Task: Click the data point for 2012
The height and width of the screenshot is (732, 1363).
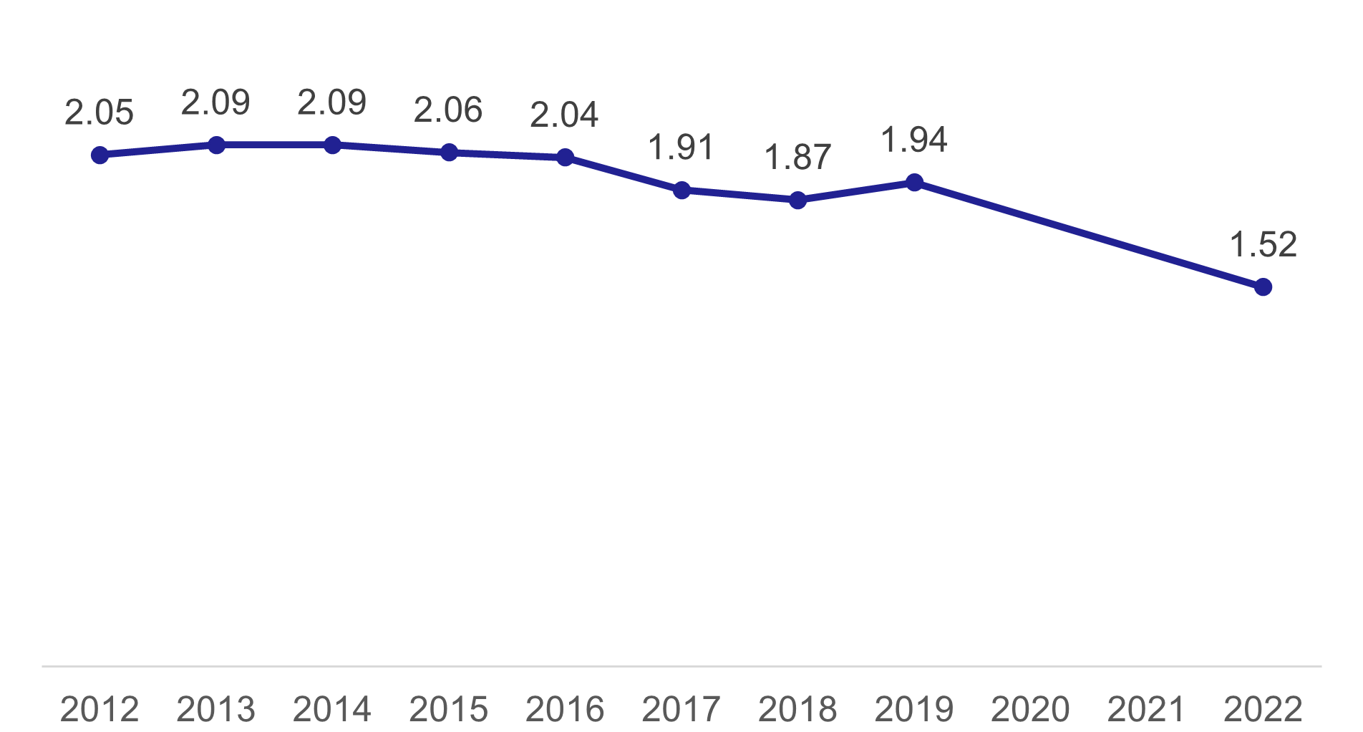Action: (100, 155)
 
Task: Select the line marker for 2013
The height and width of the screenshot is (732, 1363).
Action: (216, 145)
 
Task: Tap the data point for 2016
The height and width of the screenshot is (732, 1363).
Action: (565, 158)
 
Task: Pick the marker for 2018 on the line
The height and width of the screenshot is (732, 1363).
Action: (797, 201)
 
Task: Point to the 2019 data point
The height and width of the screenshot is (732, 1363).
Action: (914, 183)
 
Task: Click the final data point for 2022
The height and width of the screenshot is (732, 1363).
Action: (1263, 287)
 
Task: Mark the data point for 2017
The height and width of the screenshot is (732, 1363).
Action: (681, 191)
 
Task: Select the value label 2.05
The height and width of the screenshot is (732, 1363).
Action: (99, 112)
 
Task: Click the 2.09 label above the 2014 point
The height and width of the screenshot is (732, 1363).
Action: (332, 102)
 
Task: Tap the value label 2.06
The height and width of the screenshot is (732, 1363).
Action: (448, 110)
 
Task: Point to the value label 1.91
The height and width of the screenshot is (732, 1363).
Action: (681, 148)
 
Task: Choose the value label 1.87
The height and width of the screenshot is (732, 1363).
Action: (797, 158)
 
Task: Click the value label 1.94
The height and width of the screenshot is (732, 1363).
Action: (914, 140)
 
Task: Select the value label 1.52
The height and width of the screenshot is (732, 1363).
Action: (1263, 245)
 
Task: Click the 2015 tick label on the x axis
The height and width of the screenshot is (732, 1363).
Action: (448, 709)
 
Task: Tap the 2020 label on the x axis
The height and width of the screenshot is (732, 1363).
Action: (1030, 709)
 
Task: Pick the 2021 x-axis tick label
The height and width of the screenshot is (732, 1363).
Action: (1146, 709)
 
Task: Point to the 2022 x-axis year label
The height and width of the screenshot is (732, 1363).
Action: (1263, 709)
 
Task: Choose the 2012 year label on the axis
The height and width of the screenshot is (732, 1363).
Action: (100, 709)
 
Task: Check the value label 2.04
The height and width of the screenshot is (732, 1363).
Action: (564, 115)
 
